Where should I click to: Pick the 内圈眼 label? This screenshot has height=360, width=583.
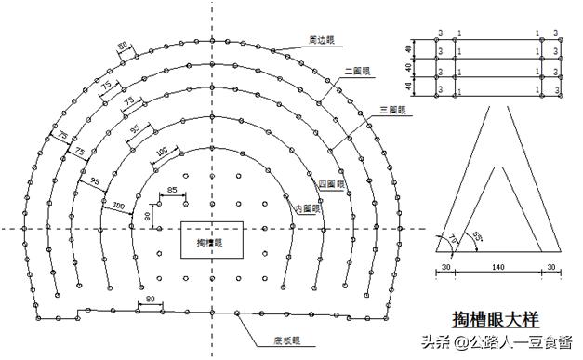click(x=308, y=207)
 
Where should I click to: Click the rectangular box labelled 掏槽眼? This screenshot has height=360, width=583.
click(x=212, y=240)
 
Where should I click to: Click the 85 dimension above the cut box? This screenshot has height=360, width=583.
click(x=172, y=192)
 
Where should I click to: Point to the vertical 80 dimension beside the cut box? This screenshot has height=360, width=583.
click(x=147, y=218)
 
